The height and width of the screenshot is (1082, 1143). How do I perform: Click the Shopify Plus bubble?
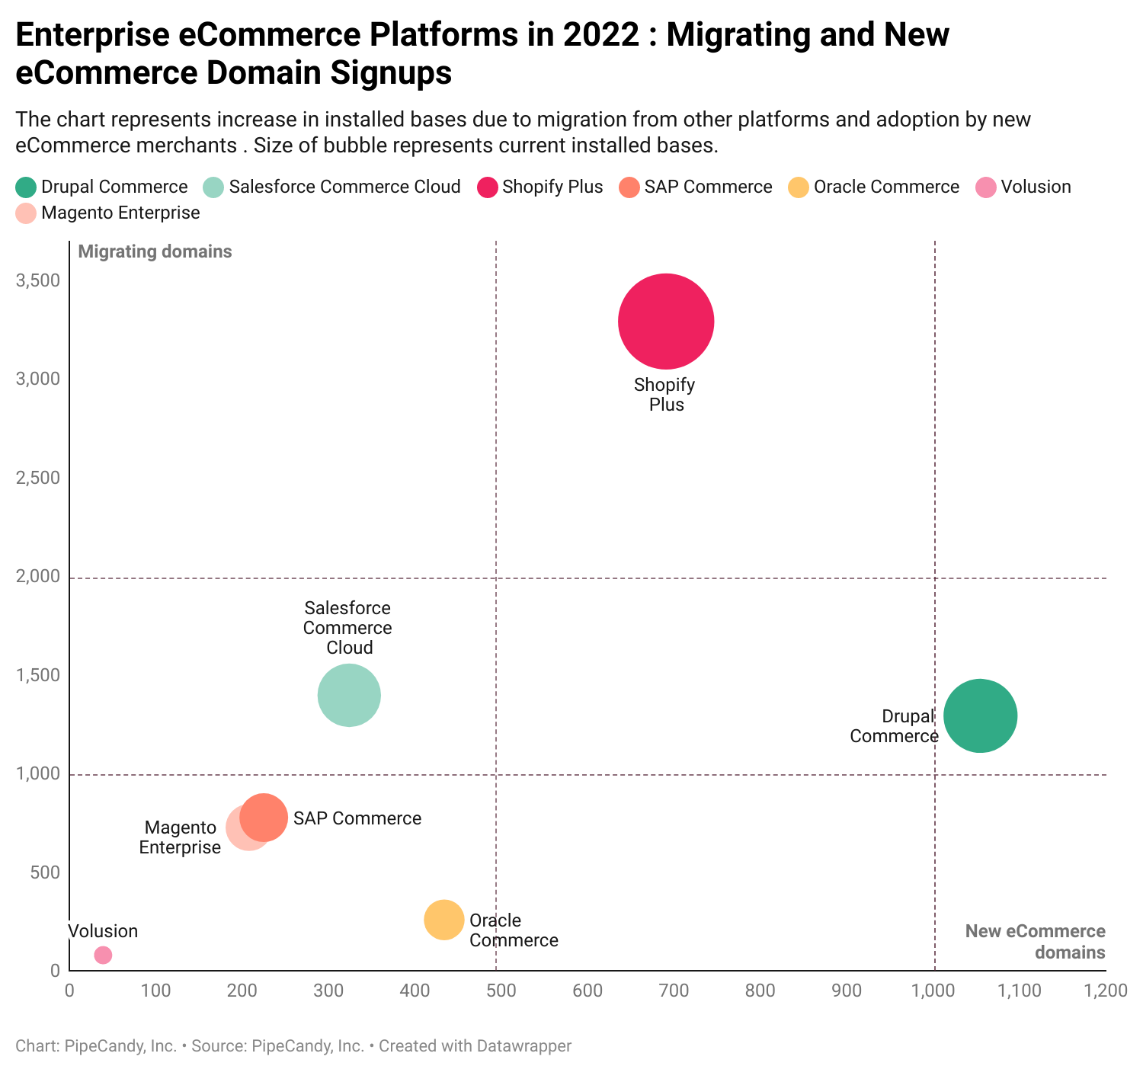(666, 322)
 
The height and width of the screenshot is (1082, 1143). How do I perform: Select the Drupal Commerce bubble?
(980, 715)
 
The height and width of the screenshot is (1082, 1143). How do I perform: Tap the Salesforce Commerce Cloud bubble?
(349, 695)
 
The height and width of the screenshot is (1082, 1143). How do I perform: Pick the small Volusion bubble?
(103, 955)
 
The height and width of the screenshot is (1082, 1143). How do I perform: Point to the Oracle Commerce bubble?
(444, 920)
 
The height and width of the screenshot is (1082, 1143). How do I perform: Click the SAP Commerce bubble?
(264, 818)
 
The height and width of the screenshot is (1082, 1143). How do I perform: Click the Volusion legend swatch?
(986, 187)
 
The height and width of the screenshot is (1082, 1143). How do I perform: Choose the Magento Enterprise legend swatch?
(26, 213)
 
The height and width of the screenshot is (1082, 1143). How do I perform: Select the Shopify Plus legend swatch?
(488, 187)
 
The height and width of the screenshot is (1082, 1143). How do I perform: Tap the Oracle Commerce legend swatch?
(799, 187)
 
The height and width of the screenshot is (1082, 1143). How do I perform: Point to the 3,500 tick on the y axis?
(37, 281)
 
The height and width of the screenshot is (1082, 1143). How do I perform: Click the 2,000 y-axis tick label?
(37, 577)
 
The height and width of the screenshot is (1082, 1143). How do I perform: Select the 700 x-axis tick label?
(674, 991)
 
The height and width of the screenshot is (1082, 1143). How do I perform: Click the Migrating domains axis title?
(155, 251)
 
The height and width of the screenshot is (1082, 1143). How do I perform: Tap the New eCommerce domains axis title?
(1035, 942)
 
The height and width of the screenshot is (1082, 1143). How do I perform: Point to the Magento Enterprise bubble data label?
(180, 837)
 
